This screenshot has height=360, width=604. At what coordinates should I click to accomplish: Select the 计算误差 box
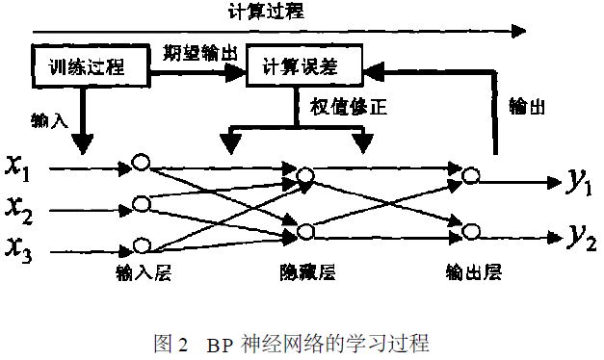pyautogui.click(x=304, y=66)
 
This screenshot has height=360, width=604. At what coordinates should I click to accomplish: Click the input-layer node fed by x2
pyautogui.click(x=142, y=203)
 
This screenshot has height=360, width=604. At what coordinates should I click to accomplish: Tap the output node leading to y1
pyautogui.click(x=470, y=175)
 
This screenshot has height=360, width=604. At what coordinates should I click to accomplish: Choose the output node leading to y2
pyautogui.click(x=470, y=231)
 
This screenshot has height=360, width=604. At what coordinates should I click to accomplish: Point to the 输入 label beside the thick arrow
pyautogui.click(x=48, y=121)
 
